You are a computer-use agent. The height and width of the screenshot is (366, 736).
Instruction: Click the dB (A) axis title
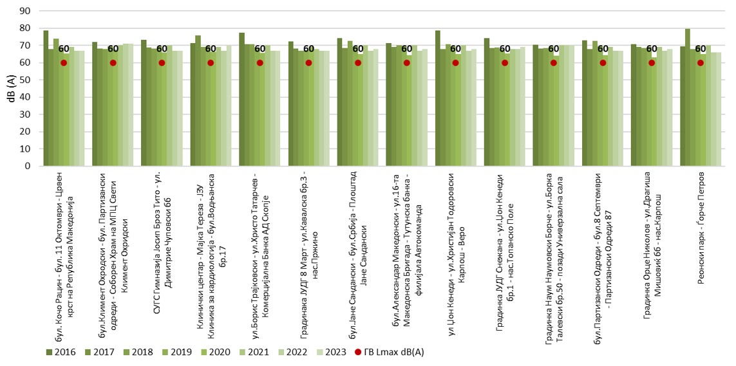[x=8, y=88]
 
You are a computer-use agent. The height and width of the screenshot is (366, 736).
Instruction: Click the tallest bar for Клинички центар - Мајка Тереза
[x=198, y=100]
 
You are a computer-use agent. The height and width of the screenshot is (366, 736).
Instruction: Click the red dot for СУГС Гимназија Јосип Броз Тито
[x=162, y=62]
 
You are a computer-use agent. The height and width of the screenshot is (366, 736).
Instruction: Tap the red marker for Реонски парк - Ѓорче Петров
[x=701, y=62]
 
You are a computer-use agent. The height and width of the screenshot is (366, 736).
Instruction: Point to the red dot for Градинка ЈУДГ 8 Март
[x=308, y=62]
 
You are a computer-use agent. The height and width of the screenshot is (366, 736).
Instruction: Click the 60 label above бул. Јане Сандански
[x=358, y=49]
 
